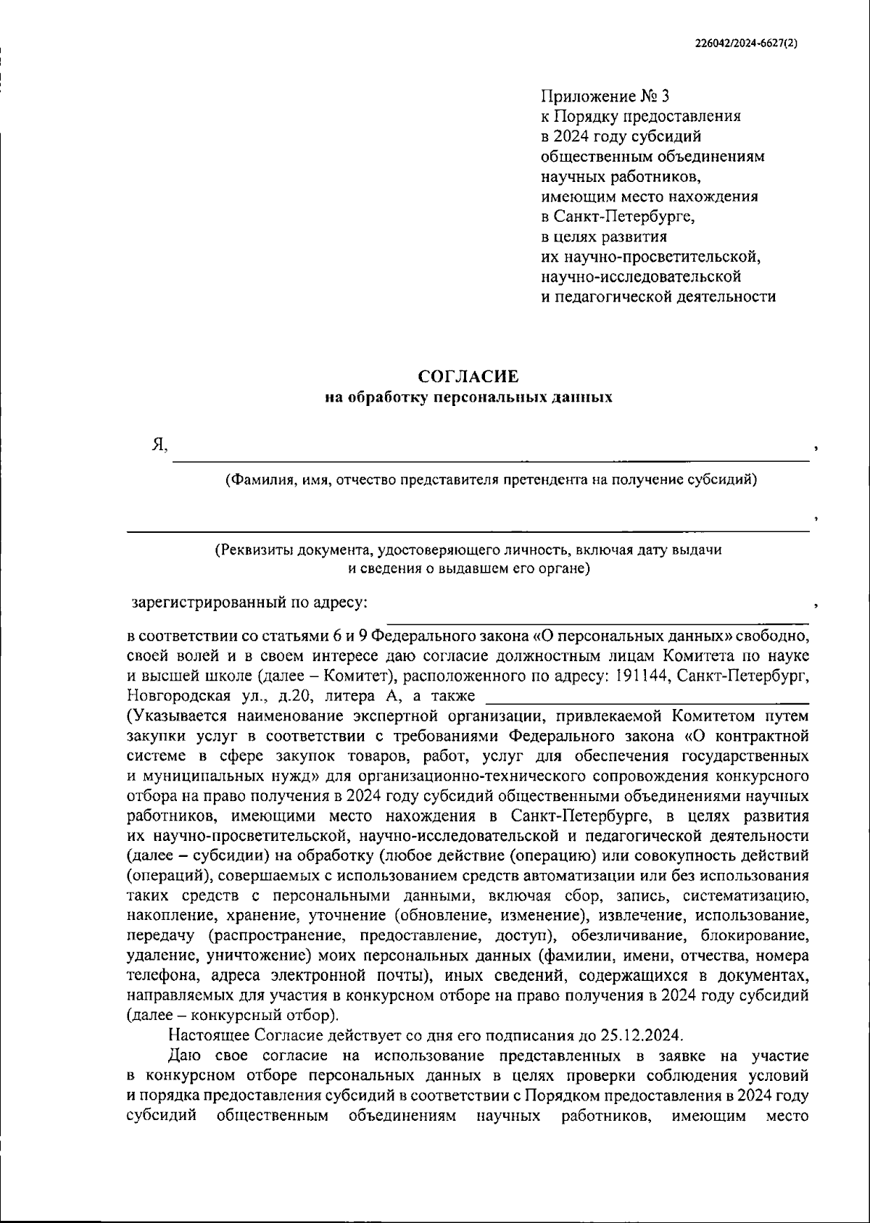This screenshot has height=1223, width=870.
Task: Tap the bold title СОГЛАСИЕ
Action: [x=468, y=376]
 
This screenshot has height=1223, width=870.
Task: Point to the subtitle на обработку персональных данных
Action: [x=468, y=397]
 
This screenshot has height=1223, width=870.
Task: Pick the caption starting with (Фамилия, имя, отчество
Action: [x=491, y=479]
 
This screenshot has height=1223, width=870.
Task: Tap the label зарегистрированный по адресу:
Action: [x=249, y=602]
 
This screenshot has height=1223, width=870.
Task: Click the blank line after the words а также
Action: [x=645, y=700]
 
